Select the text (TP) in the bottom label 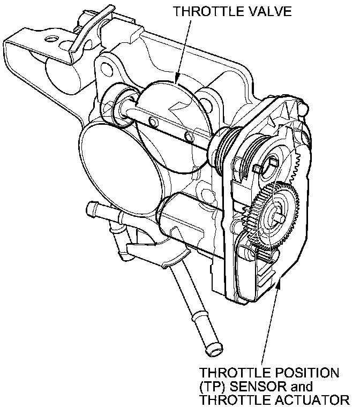coord(214,385)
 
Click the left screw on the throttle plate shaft coord(152,121)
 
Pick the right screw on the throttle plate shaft coord(187,134)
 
